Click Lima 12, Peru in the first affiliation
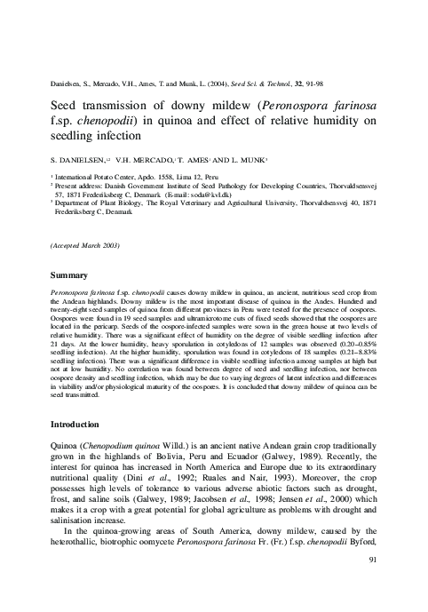(x=181, y=178)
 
